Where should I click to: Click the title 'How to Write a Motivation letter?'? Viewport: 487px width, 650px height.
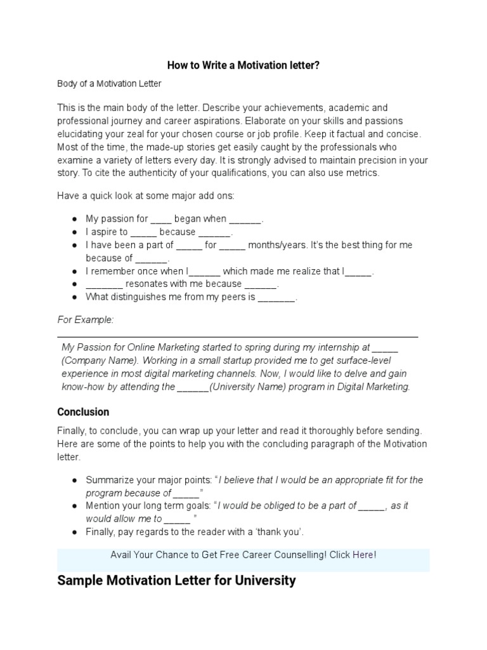243,65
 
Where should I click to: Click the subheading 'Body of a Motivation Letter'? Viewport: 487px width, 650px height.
109,83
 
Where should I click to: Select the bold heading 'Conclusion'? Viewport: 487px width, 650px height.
83,412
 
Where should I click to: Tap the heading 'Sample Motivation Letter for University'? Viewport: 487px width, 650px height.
176,580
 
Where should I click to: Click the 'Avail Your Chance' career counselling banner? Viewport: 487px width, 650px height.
243,555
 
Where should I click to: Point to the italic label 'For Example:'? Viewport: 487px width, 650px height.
86,320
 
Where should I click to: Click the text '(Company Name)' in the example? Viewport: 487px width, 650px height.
92,361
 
